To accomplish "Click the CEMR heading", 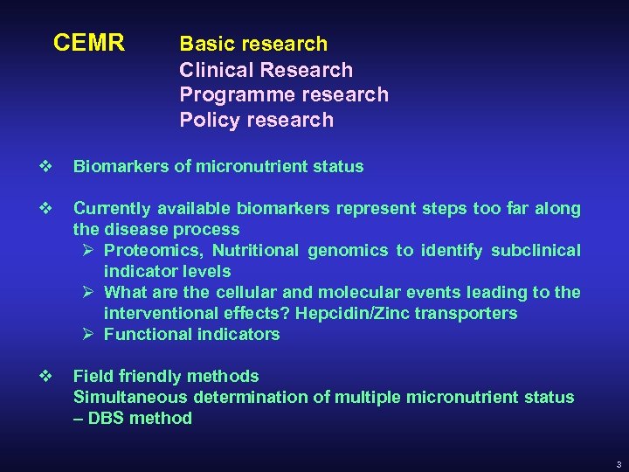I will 89,43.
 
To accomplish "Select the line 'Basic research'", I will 253,44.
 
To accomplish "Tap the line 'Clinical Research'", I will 266,70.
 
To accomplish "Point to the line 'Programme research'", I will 284,94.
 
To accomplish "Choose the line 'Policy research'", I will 256,120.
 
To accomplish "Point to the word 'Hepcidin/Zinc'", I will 342,313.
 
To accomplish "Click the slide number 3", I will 618,464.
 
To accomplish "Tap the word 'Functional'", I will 144,334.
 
